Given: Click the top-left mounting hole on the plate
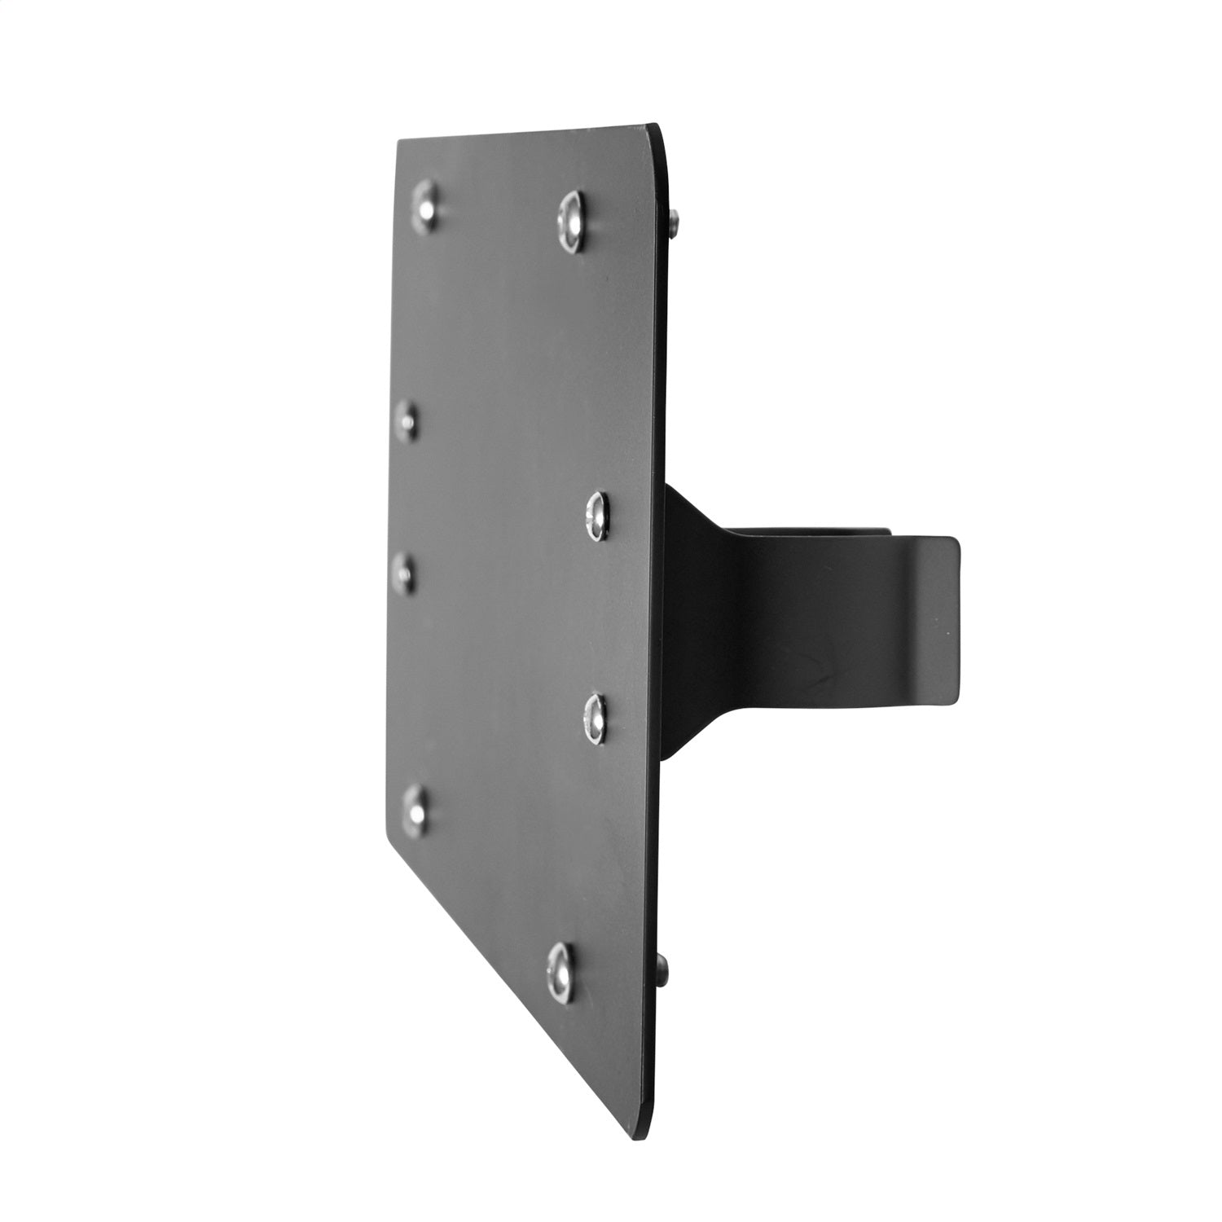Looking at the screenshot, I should point(424,207).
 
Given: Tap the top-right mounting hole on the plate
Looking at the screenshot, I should point(572,222).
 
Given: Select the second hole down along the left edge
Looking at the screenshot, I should point(407,421).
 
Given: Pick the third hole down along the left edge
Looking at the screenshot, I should point(402,573).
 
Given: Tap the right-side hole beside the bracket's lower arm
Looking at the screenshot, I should point(596,719).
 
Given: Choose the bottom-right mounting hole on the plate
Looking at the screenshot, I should point(560,972).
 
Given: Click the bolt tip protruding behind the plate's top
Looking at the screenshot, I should point(674,222).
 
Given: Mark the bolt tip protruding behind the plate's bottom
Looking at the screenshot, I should point(663,969).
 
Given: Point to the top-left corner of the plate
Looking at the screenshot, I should point(398,142).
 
